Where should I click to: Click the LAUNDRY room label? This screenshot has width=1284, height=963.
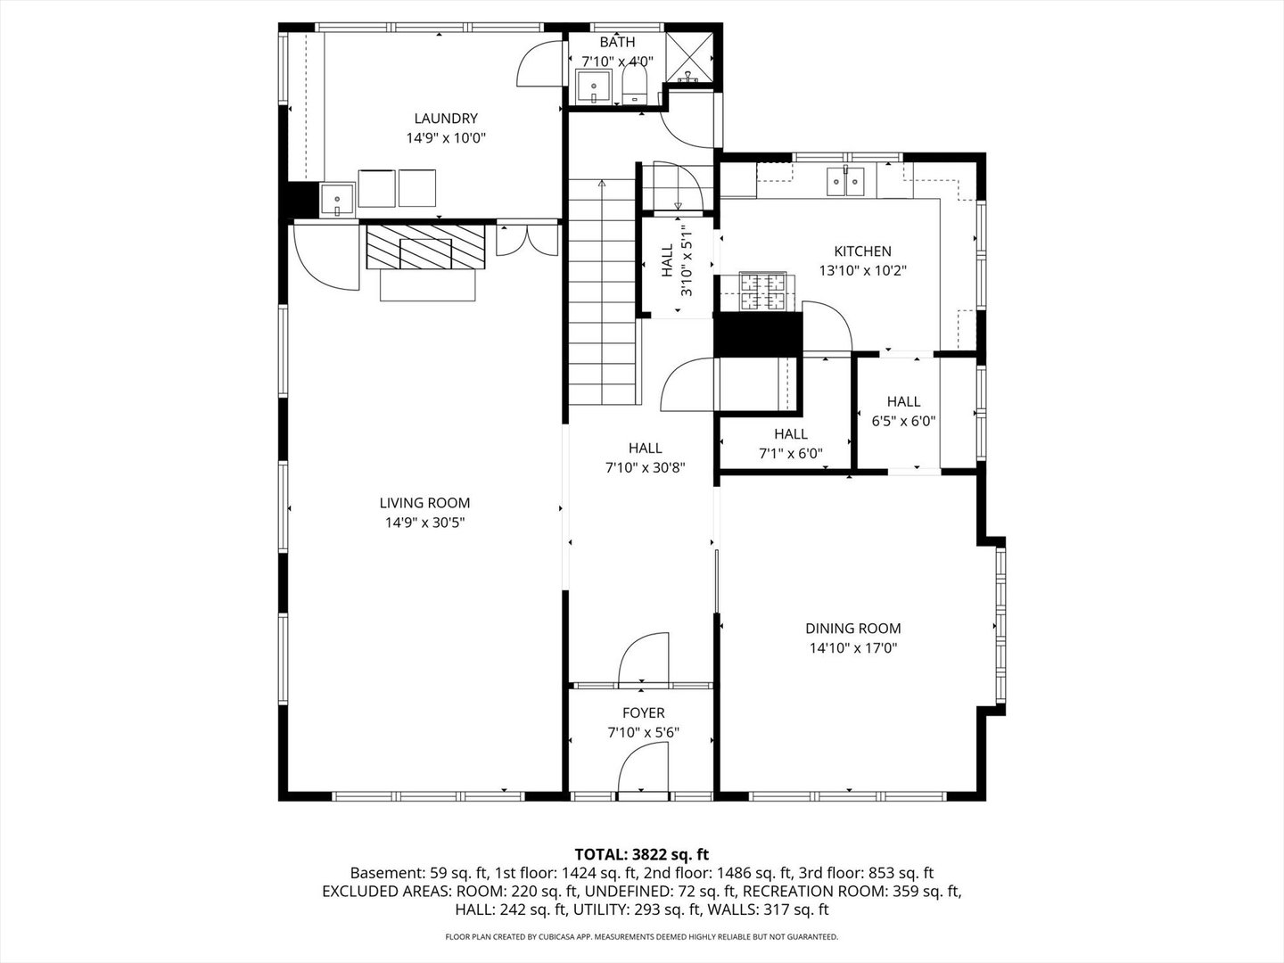pyautogui.click(x=446, y=118)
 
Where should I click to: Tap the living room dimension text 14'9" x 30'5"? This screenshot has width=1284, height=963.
pyautogui.click(x=424, y=523)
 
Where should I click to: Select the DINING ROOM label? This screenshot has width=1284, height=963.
pyautogui.click(x=853, y=629)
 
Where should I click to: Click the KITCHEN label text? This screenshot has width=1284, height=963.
pyautogui.click(x=863, y=251)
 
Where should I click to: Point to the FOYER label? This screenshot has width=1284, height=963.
pyautogui.click(x=644, y=712)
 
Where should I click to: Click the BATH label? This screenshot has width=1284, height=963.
pyautogui.click(x=617, y=42)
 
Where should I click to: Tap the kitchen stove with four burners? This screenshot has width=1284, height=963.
pyautogui.click(x=762, y=291)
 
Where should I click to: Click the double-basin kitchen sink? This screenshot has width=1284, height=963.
pyautogui.click(x=845, y=181)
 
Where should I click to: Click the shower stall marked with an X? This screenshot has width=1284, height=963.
pyautogui.click(x=689, y=58)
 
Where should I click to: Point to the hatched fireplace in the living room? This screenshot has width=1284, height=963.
pyautogui.click(x=426, y=247)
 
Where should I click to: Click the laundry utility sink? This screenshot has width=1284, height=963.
pyautogui.click(x=337, y=200)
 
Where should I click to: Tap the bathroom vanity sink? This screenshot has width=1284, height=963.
pyautogui.click(x=594, y=86)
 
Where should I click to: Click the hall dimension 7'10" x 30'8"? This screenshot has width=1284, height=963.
pyautogui.click(x=645, y=468)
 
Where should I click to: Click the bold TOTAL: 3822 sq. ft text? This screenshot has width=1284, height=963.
pyautogui.click(x=642, y=854)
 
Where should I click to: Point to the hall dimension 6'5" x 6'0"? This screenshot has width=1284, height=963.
pyautogui.click(x=903, y=421)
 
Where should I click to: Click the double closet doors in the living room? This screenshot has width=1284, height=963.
pyautogui.click(x=527, y=241)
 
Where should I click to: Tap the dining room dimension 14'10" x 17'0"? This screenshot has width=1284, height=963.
pyautogui.click(x=853, y=648)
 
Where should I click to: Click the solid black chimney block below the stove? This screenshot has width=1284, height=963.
pyautogui.click(x=758, y=334)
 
